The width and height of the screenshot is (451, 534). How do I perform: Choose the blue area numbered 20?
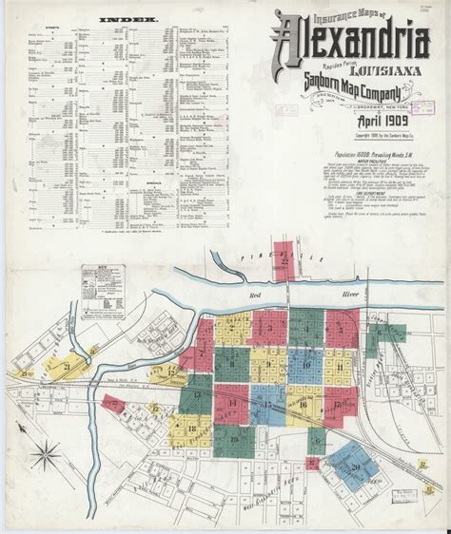point(355,464)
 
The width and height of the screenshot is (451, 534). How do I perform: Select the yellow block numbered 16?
point(304,404)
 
